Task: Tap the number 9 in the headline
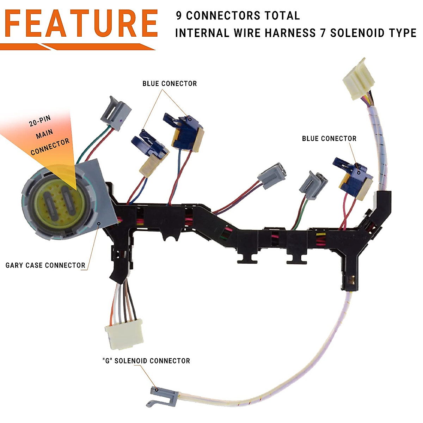click(x=179, y=16)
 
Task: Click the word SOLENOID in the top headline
click(x=357, y=33)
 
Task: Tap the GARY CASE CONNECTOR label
click(x=45, y=265)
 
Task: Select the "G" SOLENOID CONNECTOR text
click(x=146, y=361)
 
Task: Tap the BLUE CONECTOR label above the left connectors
click(x=170, y=84)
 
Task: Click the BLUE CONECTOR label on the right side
click(x=329, y=139)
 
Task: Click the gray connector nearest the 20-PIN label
click(x=116, y=111)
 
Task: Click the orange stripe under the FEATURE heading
click(x=78, y=47)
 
